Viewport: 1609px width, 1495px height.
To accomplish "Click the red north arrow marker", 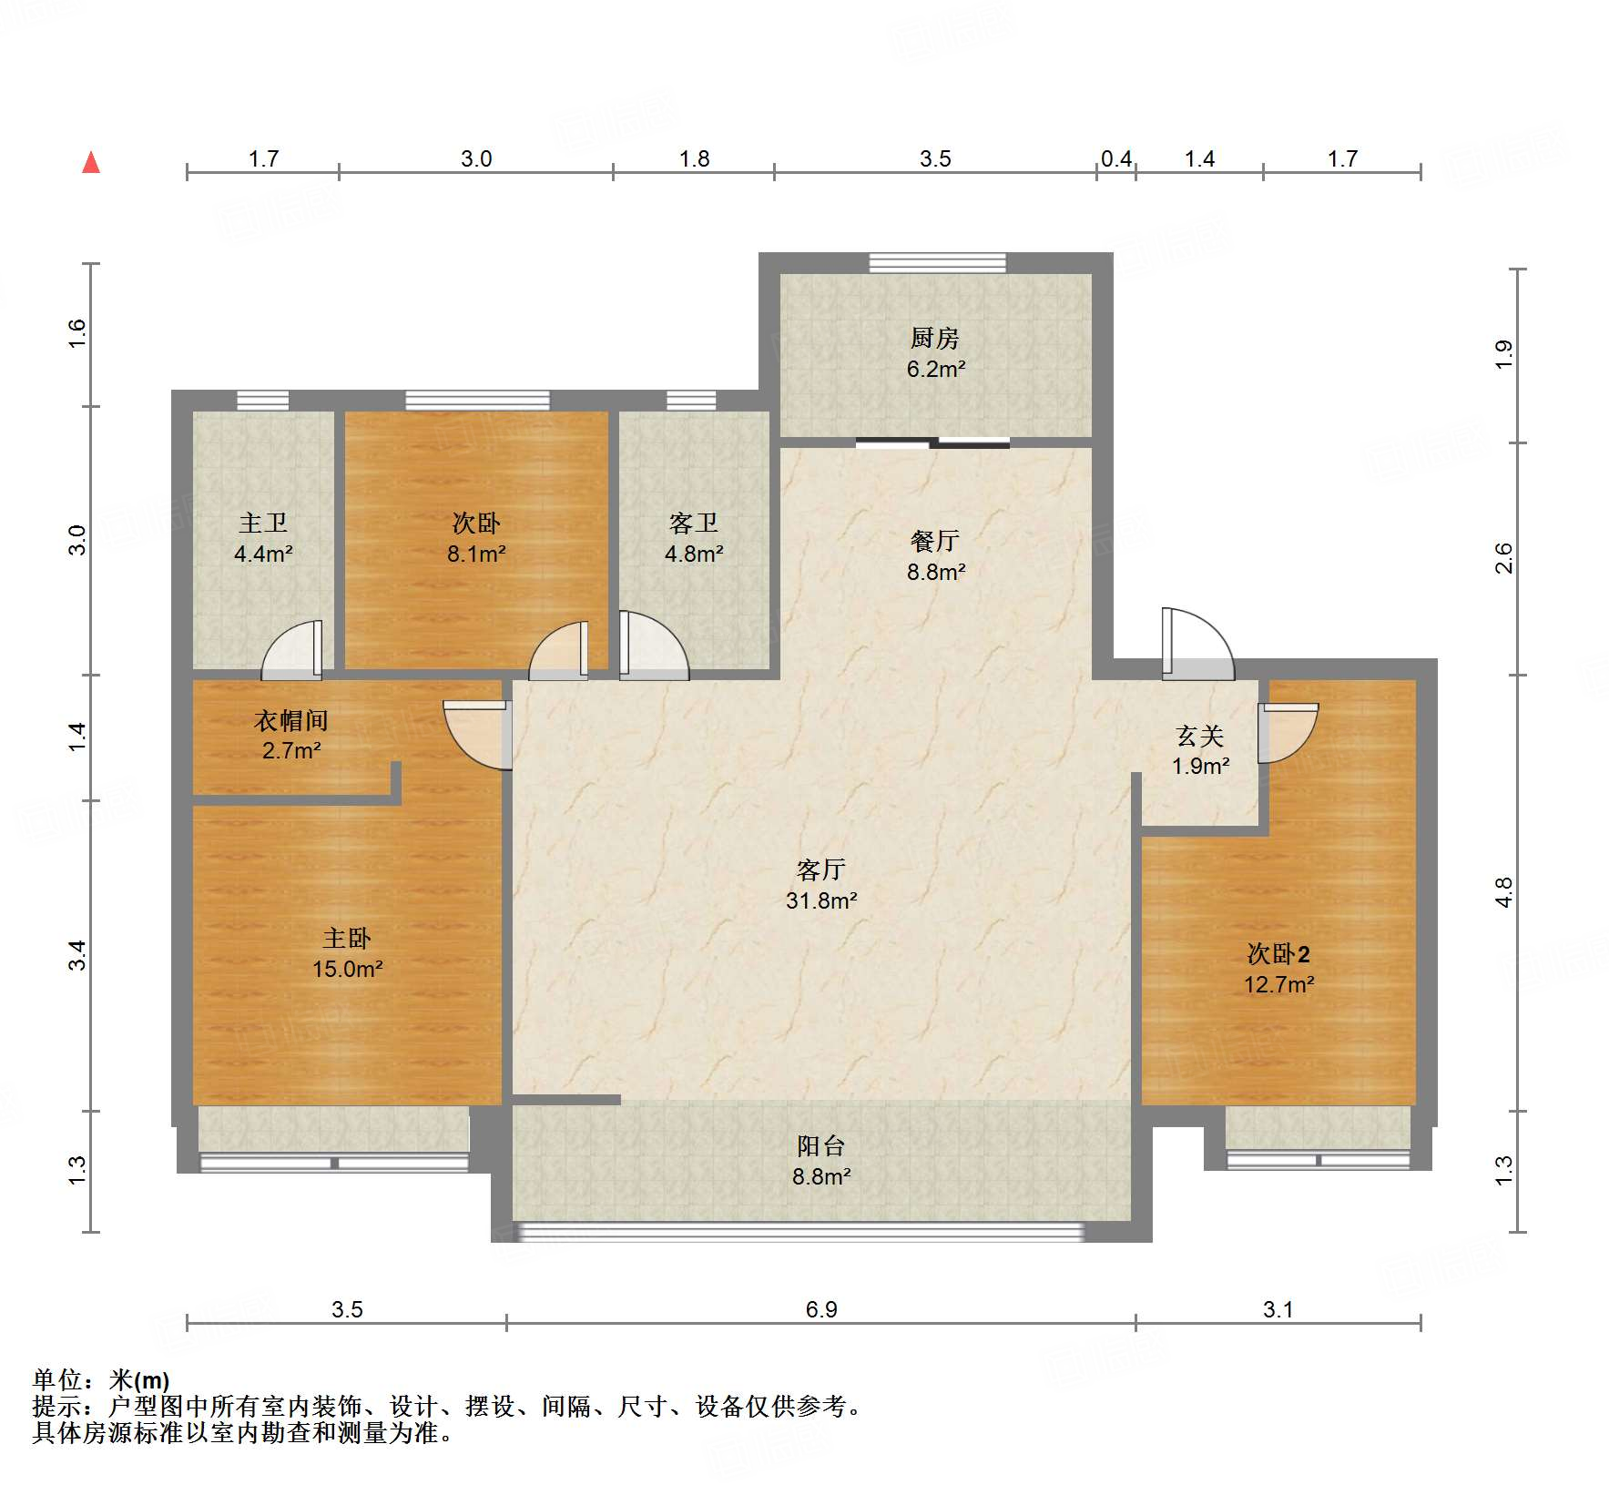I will (91, 163).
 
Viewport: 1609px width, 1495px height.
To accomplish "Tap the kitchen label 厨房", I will (935, 339).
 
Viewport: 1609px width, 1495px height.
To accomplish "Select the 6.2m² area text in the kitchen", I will (935, 370).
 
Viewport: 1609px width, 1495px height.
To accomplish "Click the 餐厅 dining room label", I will (935, 541).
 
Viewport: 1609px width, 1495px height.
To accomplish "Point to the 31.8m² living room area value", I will (821, 901).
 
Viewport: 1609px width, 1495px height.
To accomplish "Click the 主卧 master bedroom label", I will (347, 938).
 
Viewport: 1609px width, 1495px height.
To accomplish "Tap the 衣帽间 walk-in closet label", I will (290, 721).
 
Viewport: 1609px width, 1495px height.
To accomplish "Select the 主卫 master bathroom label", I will (263, 523).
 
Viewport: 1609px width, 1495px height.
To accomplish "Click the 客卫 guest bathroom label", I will (694, 523).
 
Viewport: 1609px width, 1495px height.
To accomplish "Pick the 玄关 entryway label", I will (1200, 736).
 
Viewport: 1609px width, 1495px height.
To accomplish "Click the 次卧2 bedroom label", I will (1278, 954).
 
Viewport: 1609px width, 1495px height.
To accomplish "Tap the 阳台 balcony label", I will (821, 1146).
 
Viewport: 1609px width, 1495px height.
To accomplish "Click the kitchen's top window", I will (937, 263).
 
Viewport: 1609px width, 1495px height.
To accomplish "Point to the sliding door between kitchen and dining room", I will (932, 443).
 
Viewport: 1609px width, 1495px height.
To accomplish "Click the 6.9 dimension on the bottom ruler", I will (821, 1309).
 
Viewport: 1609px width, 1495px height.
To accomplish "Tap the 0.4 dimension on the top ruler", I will (1116, 159).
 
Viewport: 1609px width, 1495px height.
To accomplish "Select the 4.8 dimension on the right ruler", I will (1503, 892).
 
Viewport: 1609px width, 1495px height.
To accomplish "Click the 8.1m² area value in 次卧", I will (476, 554).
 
